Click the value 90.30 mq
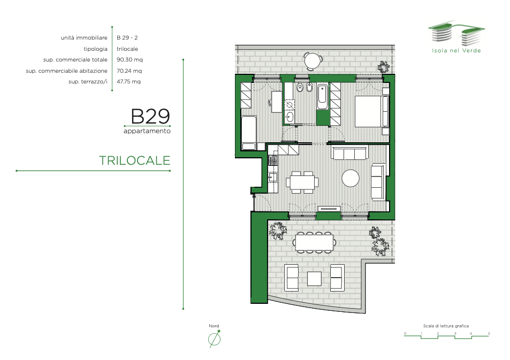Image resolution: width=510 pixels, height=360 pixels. coord(130,60)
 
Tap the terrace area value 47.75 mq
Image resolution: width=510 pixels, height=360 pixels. coord(128,82)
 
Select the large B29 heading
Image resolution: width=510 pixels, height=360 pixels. coord(150,117)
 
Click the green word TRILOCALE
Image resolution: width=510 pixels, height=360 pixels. coord(135,160)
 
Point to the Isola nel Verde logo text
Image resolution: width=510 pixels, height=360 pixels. coord(456,50)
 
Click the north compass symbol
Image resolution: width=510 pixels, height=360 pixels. coord(215,339)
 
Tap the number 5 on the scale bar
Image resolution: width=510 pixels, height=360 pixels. coord(489,334)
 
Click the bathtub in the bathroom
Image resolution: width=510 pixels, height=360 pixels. coord(322,97)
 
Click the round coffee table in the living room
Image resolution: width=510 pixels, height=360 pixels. coord(351,178)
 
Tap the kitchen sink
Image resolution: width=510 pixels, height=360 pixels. coord(273,177)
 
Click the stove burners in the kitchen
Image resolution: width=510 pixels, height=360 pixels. coord(273,160)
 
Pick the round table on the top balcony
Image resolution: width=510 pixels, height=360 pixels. coord(313,60)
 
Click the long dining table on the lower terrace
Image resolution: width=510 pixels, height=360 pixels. coord(315,242)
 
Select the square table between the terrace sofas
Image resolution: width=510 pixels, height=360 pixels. coord(314,279)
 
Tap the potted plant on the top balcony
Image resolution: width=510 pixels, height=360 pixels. coord(383,67)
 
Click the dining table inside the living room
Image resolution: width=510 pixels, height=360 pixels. coord(302,182)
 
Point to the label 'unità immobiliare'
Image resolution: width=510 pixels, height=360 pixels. coord(84,38)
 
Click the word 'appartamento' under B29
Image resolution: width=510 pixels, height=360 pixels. coord(147,131)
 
